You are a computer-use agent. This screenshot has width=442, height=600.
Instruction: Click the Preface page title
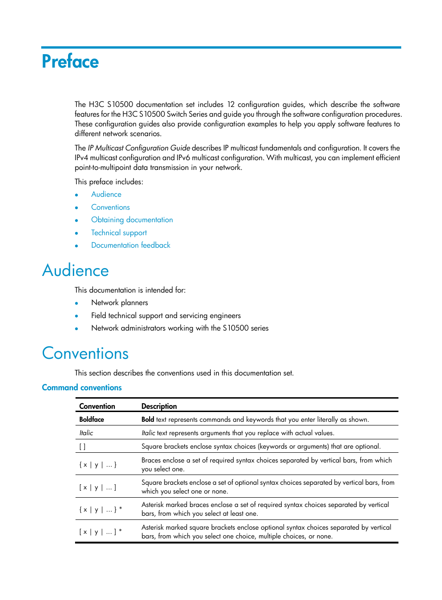pos(70,62)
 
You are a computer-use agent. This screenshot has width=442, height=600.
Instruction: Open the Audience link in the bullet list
pos(106,194)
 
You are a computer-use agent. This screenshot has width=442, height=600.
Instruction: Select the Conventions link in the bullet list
pos(110,207)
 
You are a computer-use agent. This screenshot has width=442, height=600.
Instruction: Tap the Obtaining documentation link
pos(132,220)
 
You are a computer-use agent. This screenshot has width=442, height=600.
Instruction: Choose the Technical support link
pos(119,233)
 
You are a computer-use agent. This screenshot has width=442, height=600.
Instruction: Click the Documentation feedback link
pos(131,245)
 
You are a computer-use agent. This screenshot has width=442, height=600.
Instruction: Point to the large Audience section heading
pos(76,271)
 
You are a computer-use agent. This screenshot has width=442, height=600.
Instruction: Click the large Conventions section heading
pos(85,354)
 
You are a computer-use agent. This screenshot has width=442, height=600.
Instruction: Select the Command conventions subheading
pos(82,387)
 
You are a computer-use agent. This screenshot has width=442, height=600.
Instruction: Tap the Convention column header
pos(97,406)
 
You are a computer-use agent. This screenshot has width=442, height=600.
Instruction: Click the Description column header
pos(159,406)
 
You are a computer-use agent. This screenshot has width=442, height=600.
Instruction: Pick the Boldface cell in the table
pos(91,419)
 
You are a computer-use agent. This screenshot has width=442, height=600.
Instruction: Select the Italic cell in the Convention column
pos(86,433)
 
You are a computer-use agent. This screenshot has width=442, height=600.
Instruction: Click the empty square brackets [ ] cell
pos(82,447)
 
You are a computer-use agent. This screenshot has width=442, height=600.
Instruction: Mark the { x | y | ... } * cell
pos(101,510)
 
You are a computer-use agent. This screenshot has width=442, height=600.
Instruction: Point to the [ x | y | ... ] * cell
pos(101,532)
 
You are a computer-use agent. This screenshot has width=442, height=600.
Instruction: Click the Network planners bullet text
pos(120,303)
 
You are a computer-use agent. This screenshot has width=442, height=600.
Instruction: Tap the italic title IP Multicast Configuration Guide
pos(139,148)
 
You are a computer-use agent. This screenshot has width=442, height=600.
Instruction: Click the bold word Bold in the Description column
pos(148,419)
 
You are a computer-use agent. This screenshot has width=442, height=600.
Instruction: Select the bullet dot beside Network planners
pos(76,303)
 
